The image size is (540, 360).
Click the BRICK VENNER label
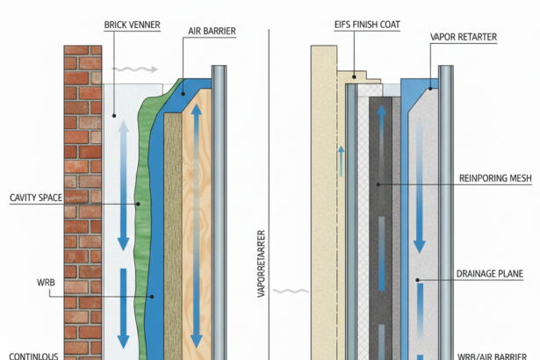(132, 25)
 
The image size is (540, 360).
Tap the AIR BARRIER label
(212, 31)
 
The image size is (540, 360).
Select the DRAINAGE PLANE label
(489, 274)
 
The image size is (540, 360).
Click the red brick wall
(82, 202)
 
